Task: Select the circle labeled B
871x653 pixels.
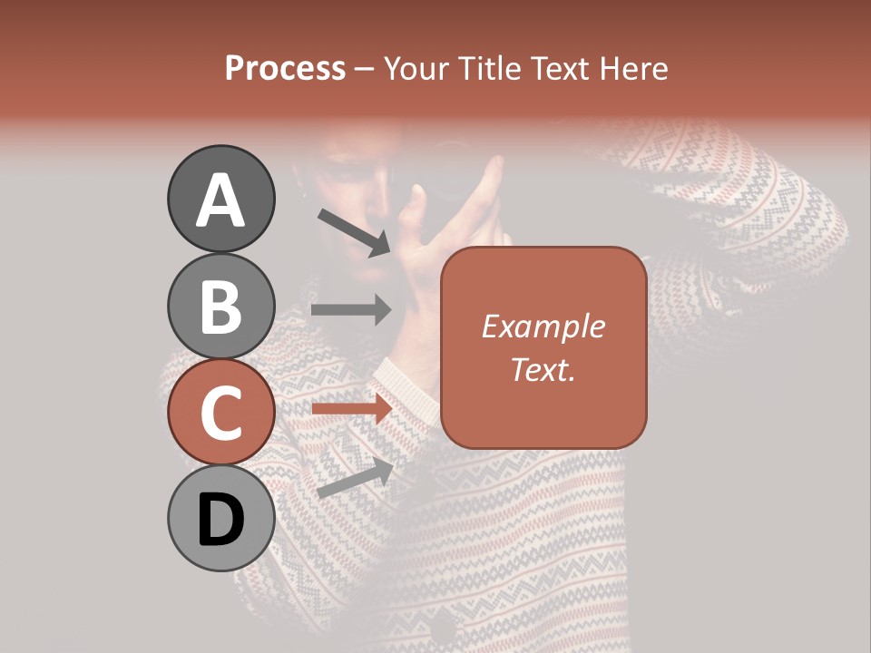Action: point(220,306)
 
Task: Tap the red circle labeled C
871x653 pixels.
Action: point(220,413)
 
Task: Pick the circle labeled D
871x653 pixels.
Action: point(220,519)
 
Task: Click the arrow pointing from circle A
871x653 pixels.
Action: point(354,230)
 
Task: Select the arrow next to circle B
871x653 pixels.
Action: point(351,309)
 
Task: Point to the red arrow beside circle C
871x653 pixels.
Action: point(351,409)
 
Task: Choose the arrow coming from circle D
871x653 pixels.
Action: point(355,478)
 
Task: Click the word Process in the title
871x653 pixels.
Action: point(285,68)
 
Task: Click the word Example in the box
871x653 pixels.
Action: point(543,326)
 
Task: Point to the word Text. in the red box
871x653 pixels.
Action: point(543,369)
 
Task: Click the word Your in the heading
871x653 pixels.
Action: point(414,68)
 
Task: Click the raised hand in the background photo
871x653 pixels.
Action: point(454,236)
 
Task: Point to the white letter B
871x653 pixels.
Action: point(220,307)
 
